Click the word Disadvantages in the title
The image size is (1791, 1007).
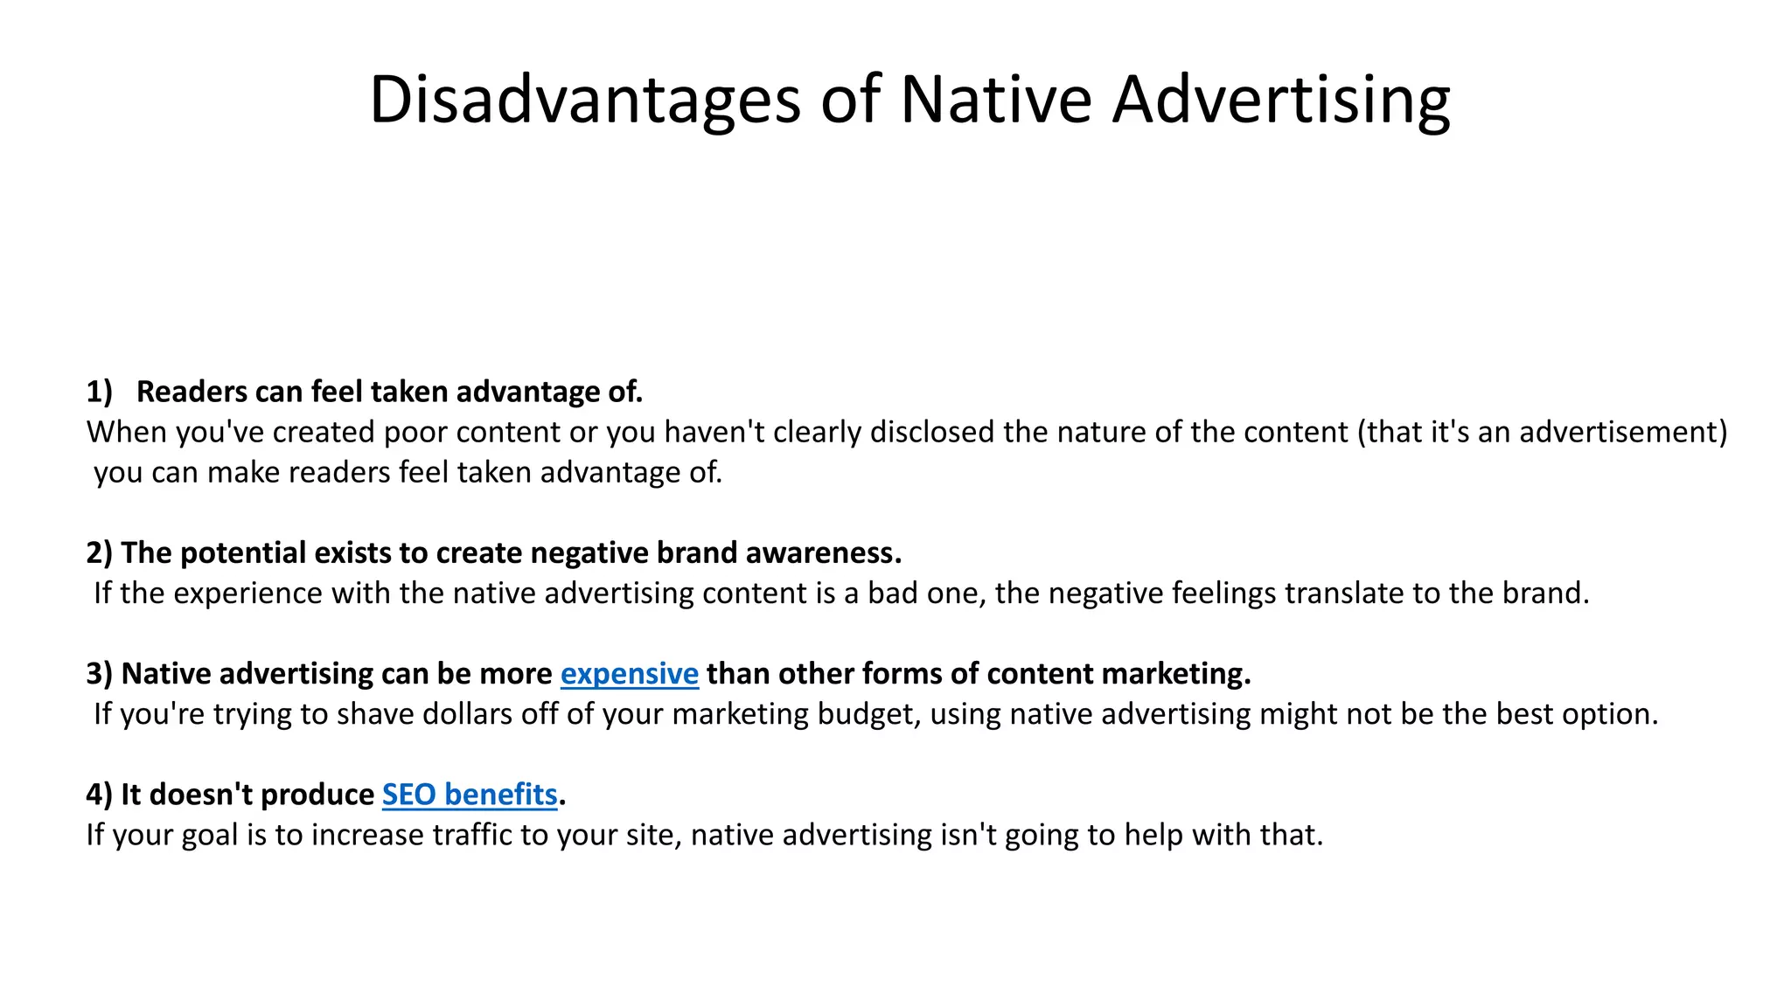click(584, 101)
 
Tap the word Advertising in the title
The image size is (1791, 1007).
click(1281, 101)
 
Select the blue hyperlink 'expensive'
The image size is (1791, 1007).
click(629, 674)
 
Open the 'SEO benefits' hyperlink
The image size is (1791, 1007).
click(470, 795)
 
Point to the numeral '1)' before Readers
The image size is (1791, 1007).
click(100, 392)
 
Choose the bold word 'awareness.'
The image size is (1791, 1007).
click(823, 553)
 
